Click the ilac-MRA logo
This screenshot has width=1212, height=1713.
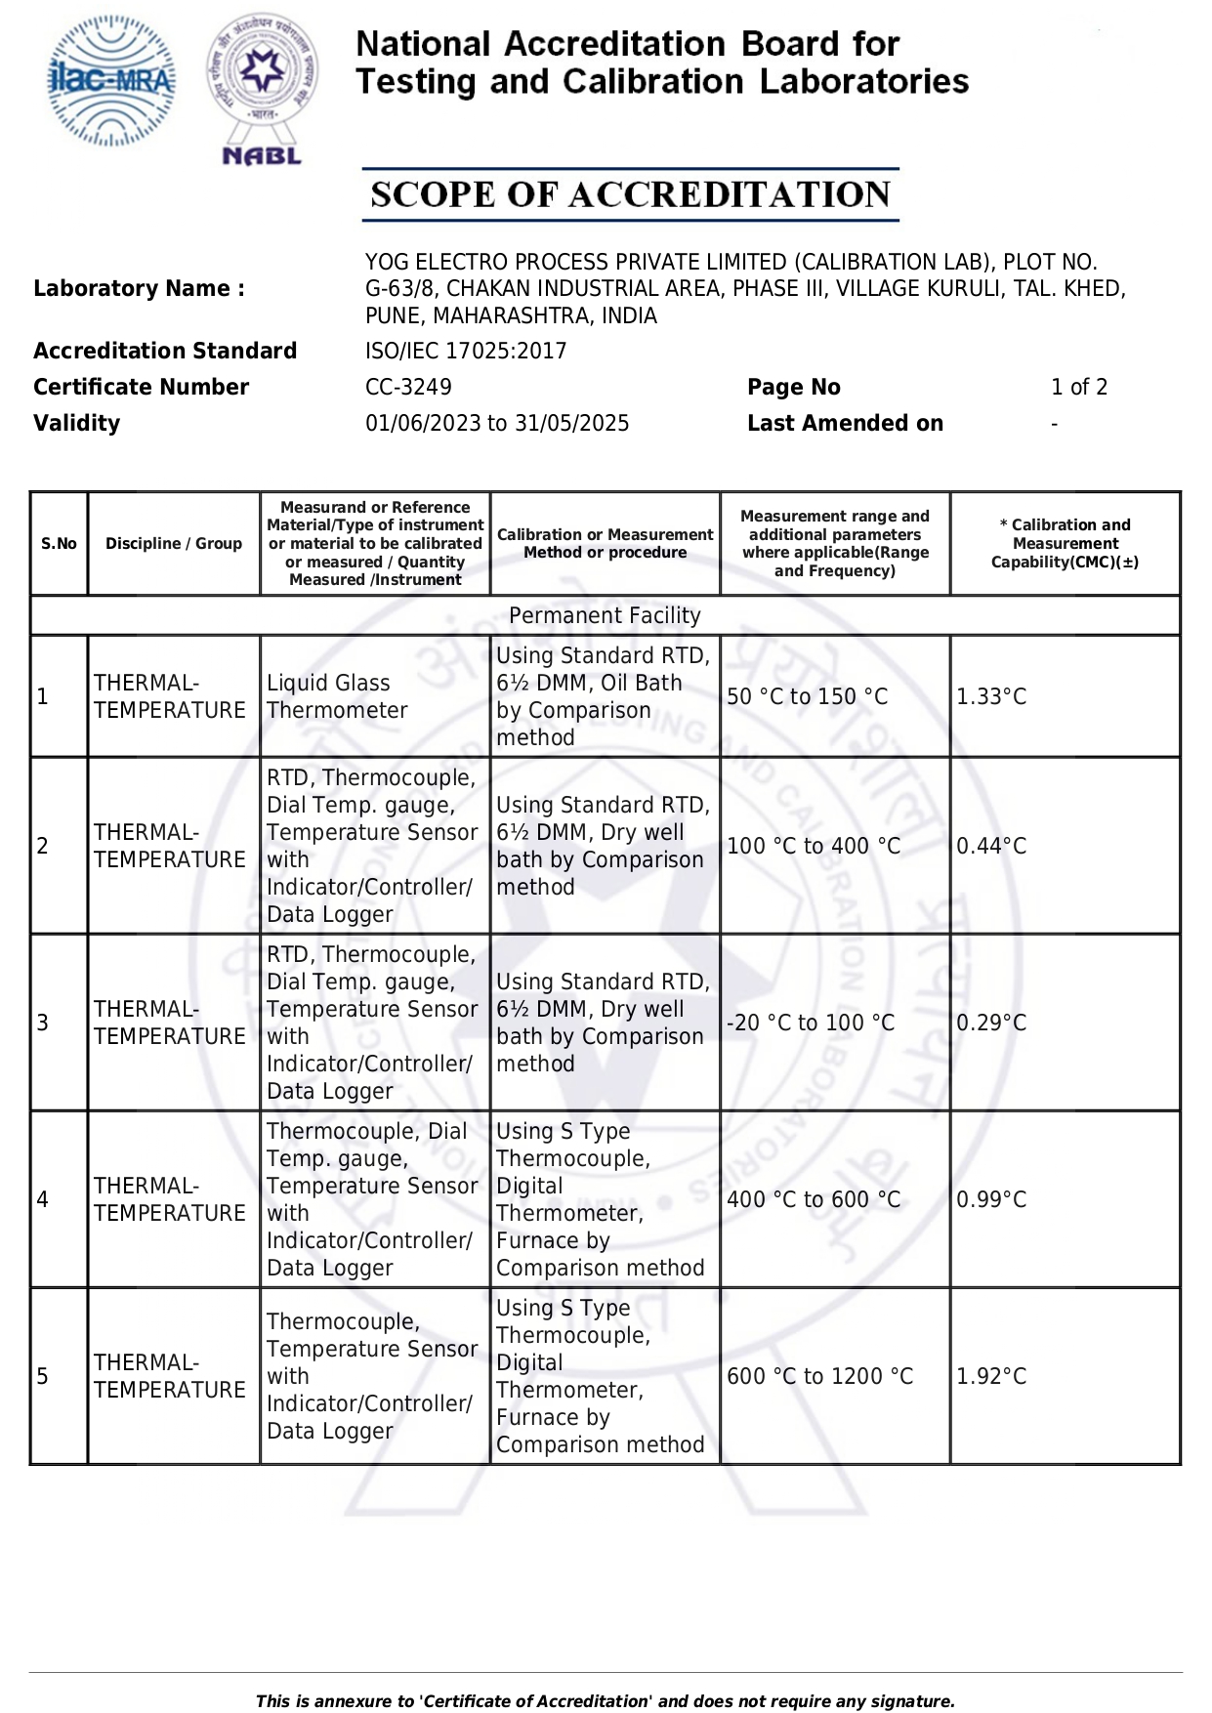(x=111, y=81)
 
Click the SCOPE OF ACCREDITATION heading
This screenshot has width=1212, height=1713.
(x=630, y=194)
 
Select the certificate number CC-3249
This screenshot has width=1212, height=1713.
(x=408, y=387)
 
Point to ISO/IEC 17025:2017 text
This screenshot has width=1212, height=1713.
(x=466, y=351)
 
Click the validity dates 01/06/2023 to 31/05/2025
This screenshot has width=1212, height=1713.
(x=497, y=423)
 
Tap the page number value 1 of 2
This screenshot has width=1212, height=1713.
(x=1079, y=387)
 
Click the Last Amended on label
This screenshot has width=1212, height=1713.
(x=845, y=423)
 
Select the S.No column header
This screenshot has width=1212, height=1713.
(x=59, y=544)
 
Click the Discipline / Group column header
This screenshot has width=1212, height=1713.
(x=174, y=544)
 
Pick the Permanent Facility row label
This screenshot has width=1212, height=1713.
(x=605, y=615)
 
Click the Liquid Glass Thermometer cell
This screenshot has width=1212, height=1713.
(x=337, y=696)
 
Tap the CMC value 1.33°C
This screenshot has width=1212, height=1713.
(x=991, y=696)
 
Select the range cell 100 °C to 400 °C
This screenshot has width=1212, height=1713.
(x=814, y=846)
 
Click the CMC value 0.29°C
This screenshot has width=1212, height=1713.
(x=991, y=1023)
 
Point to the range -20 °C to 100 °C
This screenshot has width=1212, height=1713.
(x=811, y=1023)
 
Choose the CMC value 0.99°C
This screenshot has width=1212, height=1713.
(x=991, y=1199)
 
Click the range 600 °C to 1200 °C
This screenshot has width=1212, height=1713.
(x=820, y=1376)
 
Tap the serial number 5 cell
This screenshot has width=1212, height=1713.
(x=43, y=1376)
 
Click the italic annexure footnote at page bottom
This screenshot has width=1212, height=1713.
(x=605, y=1701)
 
